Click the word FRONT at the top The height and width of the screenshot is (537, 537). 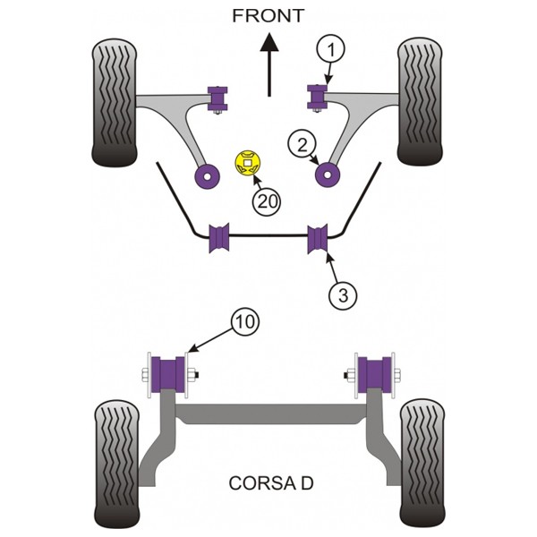(x=268, y=16)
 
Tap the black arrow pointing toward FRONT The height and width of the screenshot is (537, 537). (x=269, y=64)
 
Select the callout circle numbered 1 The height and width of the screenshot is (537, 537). (x=329, y=49)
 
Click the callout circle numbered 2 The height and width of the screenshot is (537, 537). (x=303, y=144)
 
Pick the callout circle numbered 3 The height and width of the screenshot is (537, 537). (x=343, y=295)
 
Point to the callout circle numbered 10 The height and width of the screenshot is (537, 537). (x=245, y=321)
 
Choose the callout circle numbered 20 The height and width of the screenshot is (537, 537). (x=267, y=202)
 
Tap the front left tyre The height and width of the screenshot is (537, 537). (x=115, y=103)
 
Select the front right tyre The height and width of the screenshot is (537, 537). (x=420, y=102)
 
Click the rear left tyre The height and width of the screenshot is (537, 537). (x=116, y=464)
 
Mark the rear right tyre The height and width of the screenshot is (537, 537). (x=422, y=463)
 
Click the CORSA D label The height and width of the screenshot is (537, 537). (x=271, y=483)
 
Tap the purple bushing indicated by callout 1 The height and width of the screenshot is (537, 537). (x=318, y=97)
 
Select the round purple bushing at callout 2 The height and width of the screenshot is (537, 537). (x=327, y=175)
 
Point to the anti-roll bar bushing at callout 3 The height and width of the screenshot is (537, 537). (x=318, y=239)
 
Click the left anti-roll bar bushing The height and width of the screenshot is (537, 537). (x=219, y=238)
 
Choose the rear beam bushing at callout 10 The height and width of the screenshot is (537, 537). (x=168, y=375)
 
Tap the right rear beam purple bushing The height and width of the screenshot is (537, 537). (x=374, y=375)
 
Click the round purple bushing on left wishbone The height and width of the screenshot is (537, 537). (x=208, y=176)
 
